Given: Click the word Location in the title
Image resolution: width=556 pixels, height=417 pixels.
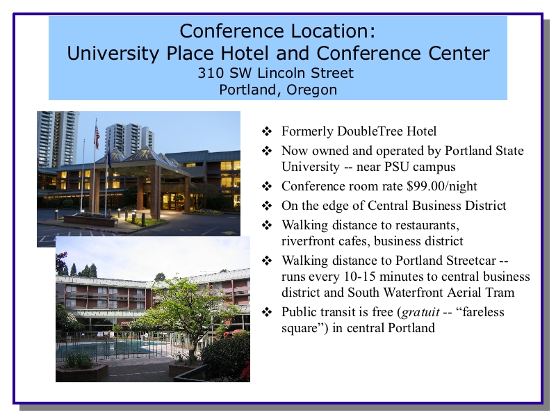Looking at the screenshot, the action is tap(324, 31).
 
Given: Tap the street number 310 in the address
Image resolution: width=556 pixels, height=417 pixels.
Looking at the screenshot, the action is tap(211, 73).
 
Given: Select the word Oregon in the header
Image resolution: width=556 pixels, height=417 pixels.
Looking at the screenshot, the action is tap(311, 90).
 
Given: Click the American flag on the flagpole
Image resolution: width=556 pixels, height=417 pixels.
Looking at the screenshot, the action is tap(97, 137).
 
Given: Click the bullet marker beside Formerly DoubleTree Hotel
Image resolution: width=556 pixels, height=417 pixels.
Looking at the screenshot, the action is tap(267, 131).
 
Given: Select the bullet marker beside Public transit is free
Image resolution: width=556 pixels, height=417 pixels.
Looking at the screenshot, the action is tap(267, 312).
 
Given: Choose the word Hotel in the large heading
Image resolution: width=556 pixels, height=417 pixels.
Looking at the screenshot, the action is tap(245, 54).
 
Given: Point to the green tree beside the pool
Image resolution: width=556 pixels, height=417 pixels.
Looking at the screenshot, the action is tap(186, 312).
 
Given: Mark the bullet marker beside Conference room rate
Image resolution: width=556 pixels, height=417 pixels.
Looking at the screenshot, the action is tap(267, 186).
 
